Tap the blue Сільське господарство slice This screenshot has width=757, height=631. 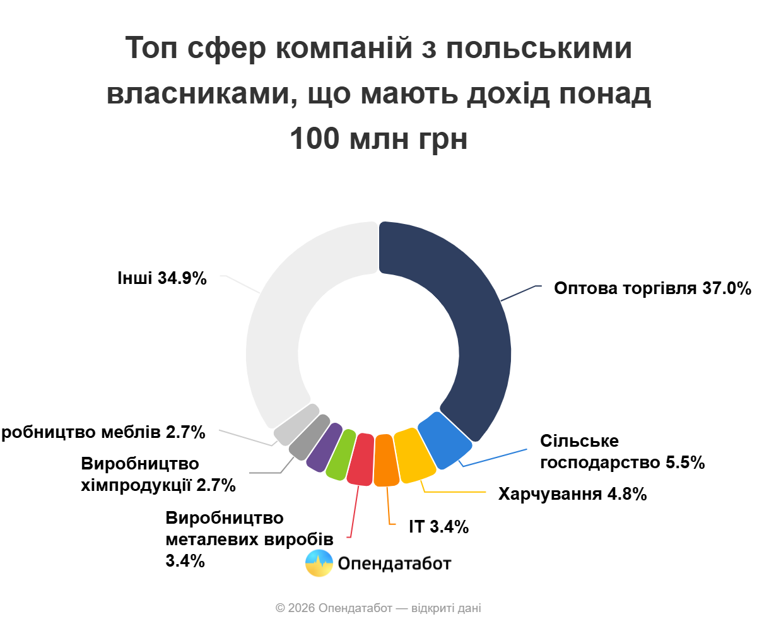(445, 440)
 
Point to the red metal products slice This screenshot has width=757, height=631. (361, 459)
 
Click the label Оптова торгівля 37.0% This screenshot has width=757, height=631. (652, 288)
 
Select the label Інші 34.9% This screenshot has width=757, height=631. (162, 278)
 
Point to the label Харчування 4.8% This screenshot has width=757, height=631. (572, 494)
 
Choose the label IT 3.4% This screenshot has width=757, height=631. (438, 527)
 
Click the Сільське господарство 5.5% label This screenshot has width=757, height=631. (622, 452)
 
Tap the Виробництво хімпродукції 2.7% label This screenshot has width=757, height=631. (158, 475)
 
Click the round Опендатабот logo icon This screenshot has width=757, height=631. (319, 563)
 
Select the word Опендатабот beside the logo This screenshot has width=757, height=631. (395, 563)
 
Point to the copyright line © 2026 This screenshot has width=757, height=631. (378, 608)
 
